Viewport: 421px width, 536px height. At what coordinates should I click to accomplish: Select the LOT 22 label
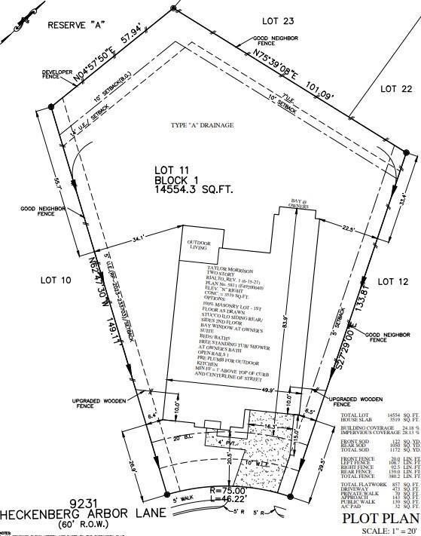[x=397, y=88]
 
